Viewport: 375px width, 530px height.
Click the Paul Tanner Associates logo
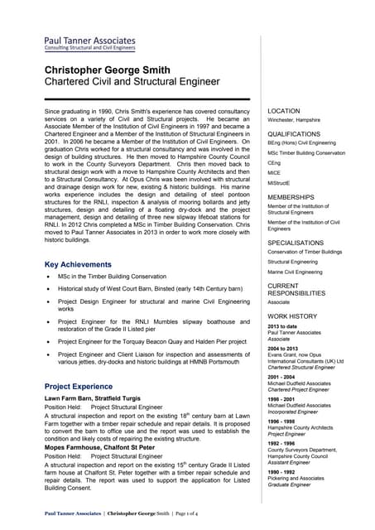point(89,43)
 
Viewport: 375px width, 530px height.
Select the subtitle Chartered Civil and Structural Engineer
point(132,82)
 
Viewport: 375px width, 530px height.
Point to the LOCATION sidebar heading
point(284,111)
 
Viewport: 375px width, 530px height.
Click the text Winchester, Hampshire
point(294,120)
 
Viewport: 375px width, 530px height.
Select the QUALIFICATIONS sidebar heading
point(294,134)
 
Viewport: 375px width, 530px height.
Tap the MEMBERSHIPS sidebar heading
point(291,198)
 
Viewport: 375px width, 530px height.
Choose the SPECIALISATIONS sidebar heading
point(296,243)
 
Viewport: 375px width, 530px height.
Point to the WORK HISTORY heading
point(292,317)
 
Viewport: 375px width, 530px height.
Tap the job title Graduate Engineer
point(290,485)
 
